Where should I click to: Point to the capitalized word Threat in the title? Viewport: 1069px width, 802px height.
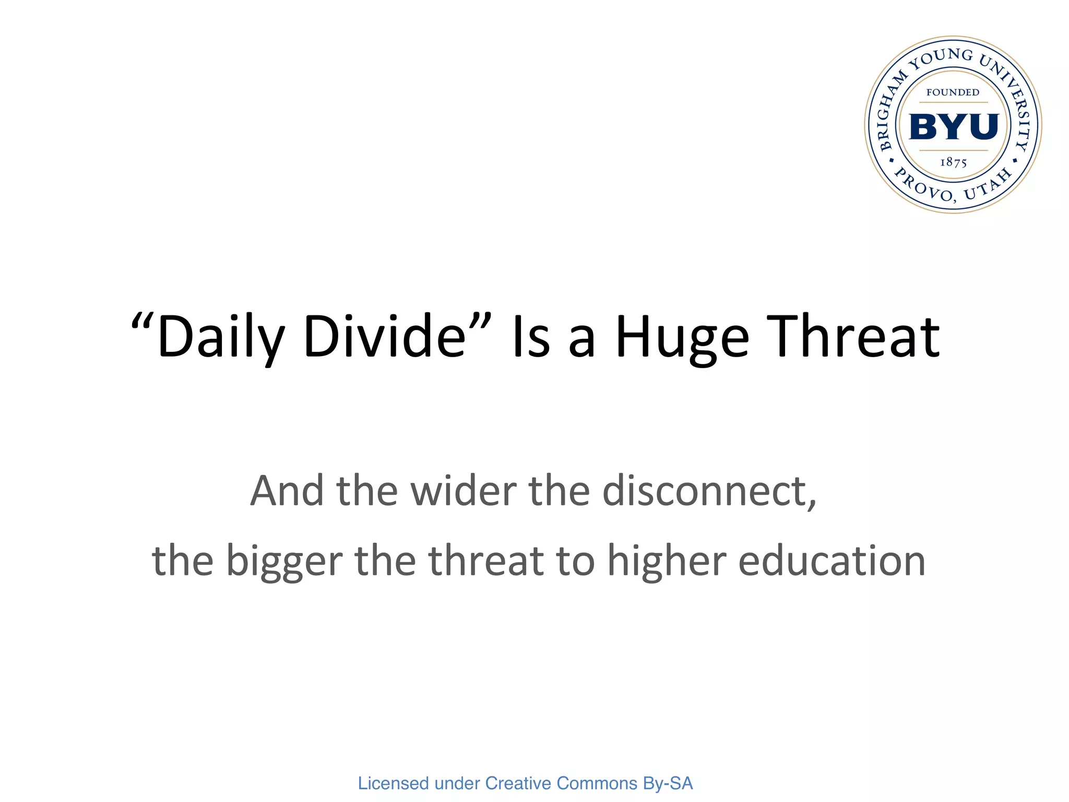856,337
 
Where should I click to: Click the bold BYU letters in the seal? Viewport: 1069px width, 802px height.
953,127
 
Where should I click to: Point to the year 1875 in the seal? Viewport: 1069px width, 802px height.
953,162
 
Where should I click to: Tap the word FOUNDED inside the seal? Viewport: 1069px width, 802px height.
953,92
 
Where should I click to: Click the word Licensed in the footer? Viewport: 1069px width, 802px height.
393,783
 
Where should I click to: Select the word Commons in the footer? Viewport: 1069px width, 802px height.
597,783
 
